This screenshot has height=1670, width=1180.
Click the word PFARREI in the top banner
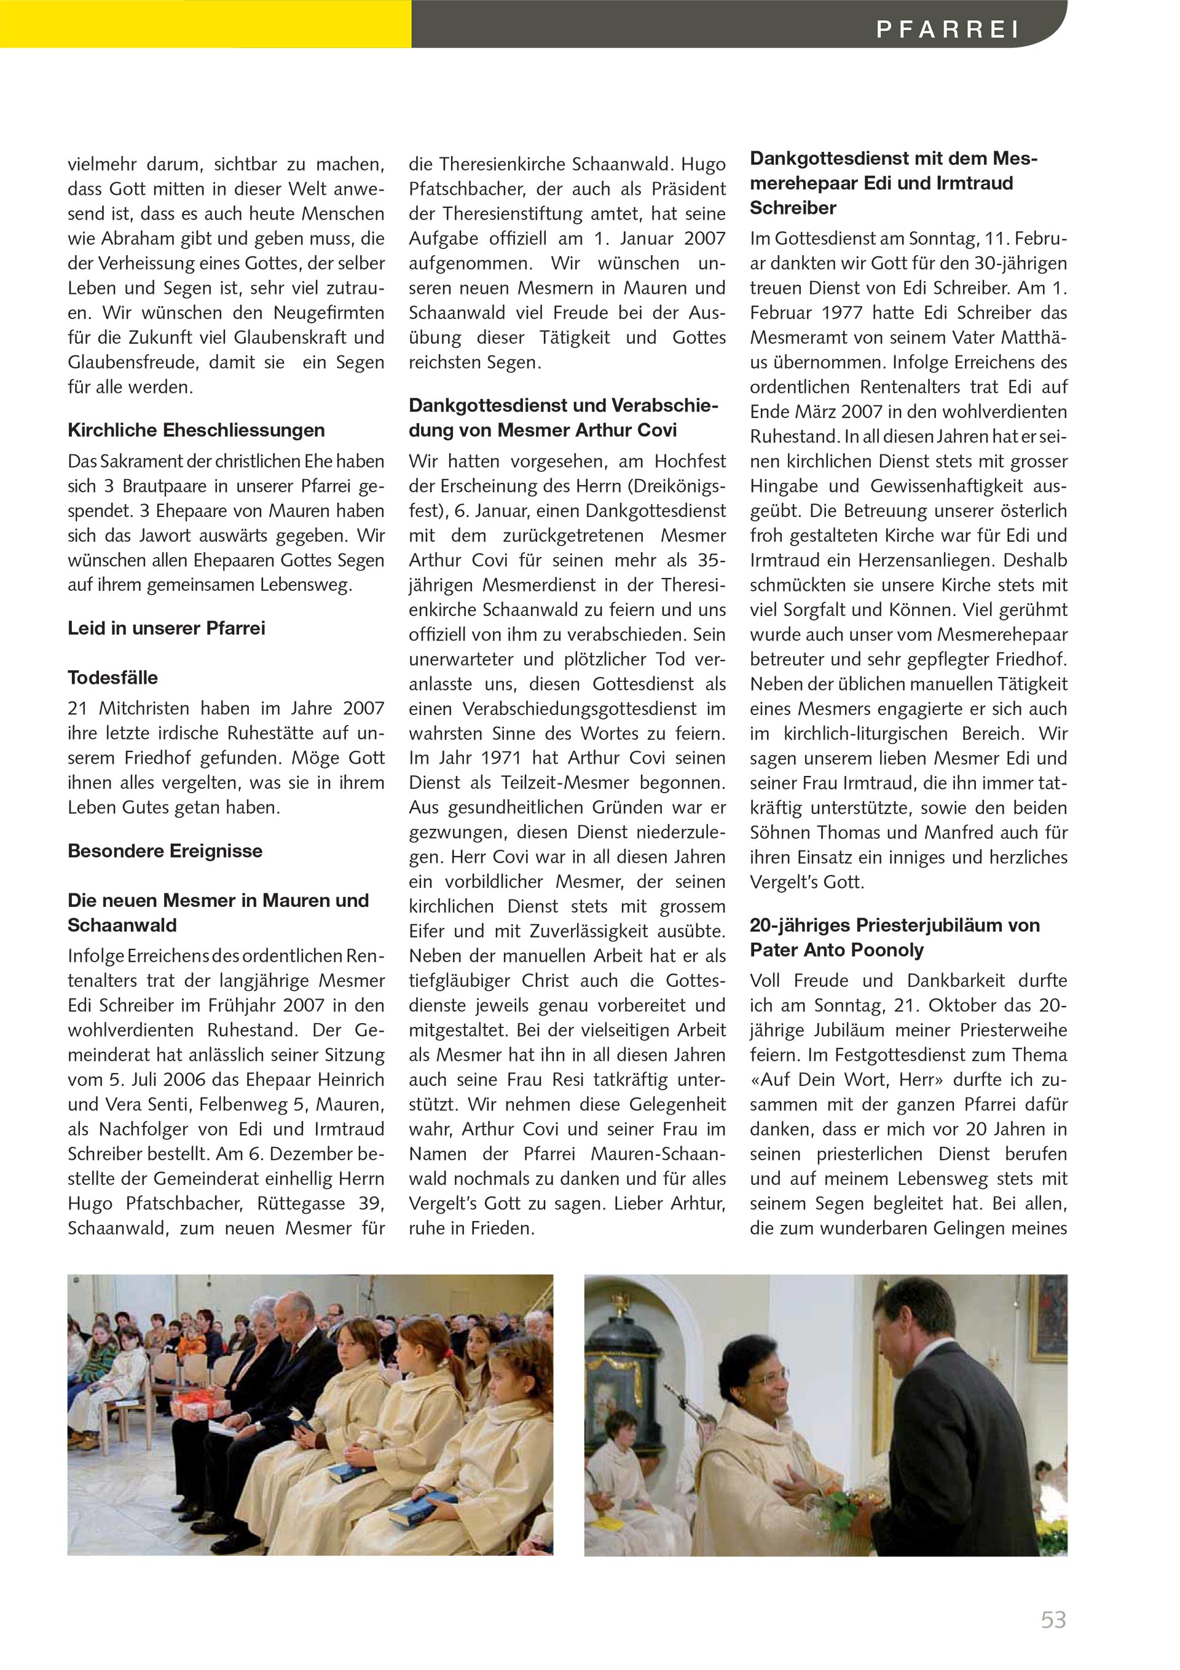click(947, 29)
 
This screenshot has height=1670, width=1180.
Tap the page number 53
click(1053, 1619)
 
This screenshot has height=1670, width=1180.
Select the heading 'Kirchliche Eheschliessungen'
click(196, 430)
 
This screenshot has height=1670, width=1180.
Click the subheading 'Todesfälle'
click(112, 677)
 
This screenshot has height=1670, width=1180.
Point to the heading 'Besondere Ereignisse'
click(165, 850)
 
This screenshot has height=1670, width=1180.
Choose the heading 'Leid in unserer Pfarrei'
click(167, 628)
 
